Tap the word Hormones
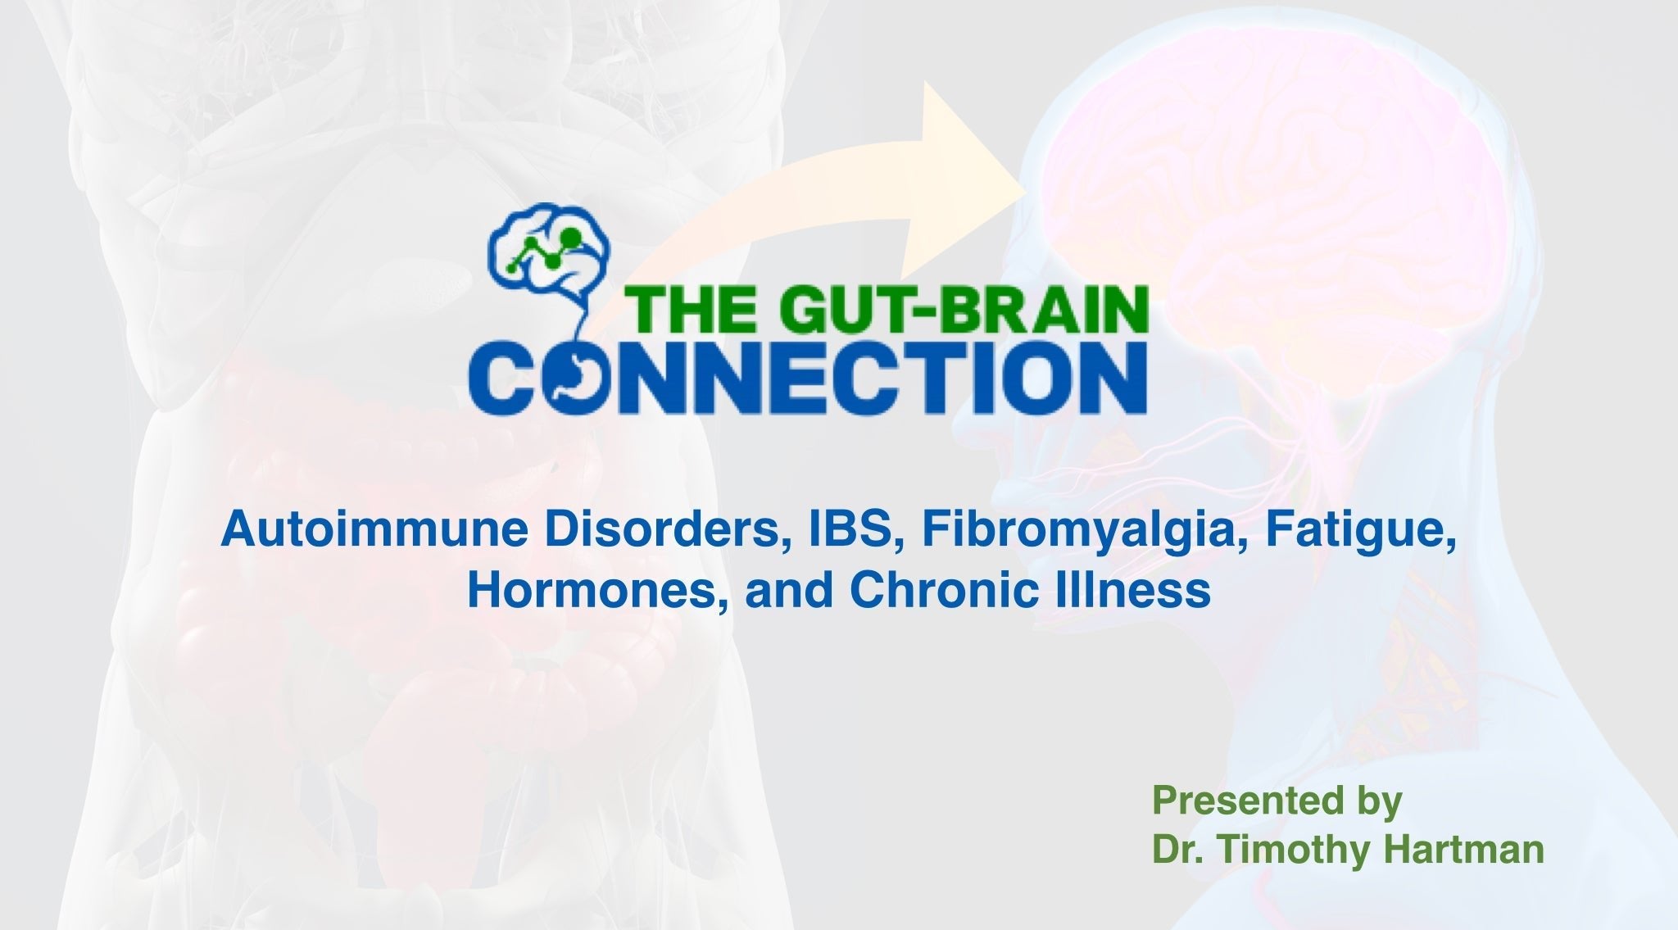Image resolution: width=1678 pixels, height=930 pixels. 599,590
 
